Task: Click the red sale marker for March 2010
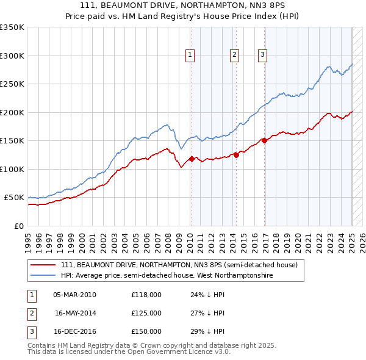coord(192,159)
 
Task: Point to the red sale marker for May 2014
coord(236,155)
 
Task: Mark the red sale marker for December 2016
coord(264,140)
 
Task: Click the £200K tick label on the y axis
coord(12,112)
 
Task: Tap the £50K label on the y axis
coord(14,198)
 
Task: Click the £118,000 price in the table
coord(146,295)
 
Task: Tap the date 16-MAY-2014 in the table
coord(76,313)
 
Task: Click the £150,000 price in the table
coord(146,331)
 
